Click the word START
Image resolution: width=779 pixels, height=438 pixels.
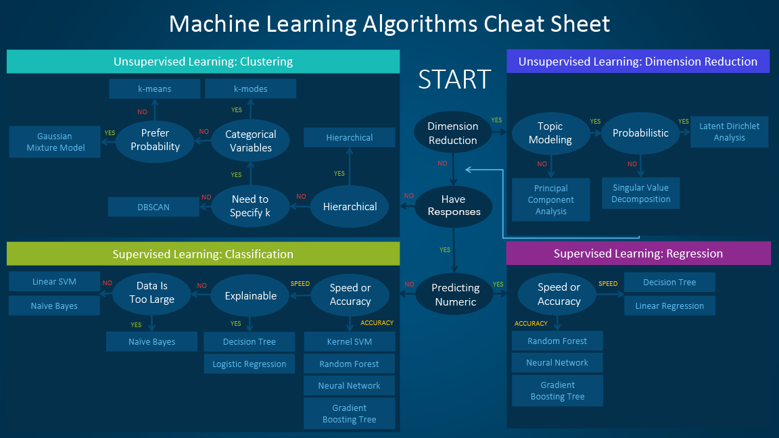(x=454, y=79)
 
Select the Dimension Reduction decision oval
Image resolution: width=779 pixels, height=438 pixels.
(x=452, y=133)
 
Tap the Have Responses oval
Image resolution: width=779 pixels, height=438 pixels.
(x=452, y=205)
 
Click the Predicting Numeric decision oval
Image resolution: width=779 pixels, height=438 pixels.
(x=455, y=295)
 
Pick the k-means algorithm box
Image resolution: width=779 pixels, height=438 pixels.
(x=154, y=89)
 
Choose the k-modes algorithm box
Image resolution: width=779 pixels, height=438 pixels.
(x=250, y=89)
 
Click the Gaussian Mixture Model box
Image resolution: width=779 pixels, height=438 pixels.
(x=55, y=142)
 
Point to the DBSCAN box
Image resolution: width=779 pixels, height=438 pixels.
(x=154, y=207)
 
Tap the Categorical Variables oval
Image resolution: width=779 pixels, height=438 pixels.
(x=250, y=141)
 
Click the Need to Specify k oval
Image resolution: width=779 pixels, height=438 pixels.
(x=250, y=206)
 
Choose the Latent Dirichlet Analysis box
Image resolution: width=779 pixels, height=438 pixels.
(x=729, y=132)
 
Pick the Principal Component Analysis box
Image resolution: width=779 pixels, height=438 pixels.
(x=550, y=199)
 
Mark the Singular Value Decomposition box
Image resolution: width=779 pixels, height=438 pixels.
(x=640, y=193)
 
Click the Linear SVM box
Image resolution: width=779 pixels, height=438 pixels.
(x=54, y=281)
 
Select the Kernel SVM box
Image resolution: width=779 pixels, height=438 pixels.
(x=349, y=341)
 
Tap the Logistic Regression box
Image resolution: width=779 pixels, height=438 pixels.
(x=249, y=364)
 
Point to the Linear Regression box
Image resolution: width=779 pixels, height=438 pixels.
(x=669, y=306)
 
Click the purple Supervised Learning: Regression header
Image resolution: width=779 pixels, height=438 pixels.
(x=638, y=253)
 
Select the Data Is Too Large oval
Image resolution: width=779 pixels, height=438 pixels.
(x=152, y=293)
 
